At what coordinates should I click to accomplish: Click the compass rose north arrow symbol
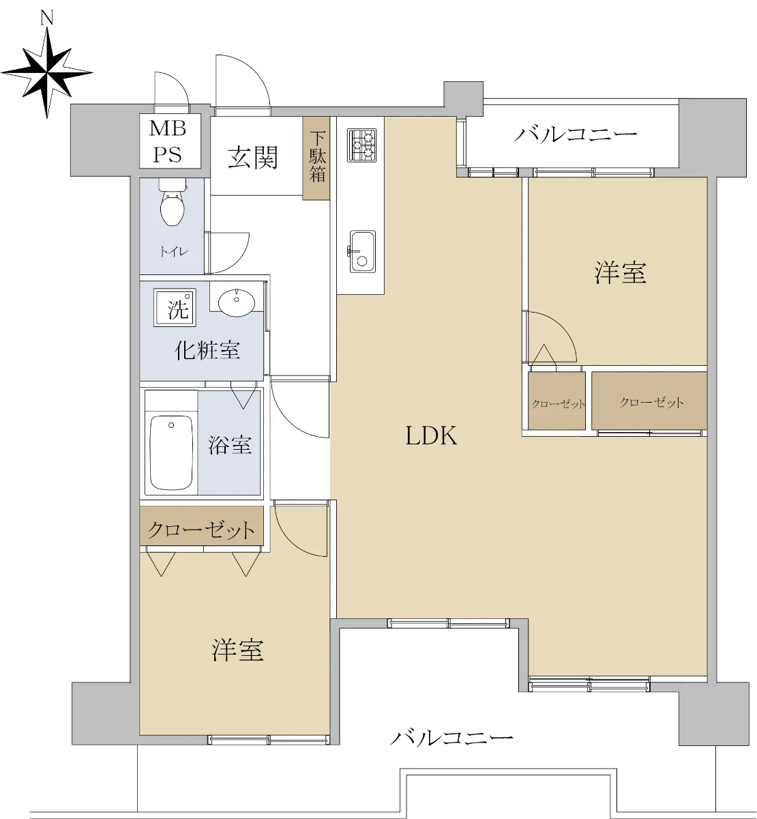(47, 72)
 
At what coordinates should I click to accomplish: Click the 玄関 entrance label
(253, 158)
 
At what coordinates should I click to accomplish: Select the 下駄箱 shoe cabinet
(316, 158)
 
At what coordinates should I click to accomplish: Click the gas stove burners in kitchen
(362, 145)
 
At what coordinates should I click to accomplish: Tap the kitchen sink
(363, 252)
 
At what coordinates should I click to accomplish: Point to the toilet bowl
(173, 202)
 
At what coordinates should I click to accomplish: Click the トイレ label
(174, 251)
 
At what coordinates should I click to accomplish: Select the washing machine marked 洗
(175, 308)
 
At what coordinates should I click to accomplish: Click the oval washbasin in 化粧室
(236, 303)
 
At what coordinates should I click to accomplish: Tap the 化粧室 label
(207, 351)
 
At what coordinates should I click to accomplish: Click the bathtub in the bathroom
(171, 452)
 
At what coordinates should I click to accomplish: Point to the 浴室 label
(230, 445)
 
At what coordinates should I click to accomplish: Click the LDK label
(432, 436)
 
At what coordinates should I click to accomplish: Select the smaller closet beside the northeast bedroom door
(557, 401)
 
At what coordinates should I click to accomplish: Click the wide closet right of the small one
(649, 401)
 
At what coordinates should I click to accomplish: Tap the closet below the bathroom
(201, 526)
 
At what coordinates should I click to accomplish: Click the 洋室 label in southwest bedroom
(238, 650)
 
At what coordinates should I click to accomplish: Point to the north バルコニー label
(576, 134)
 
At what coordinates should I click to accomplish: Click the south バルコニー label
(451, 738)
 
